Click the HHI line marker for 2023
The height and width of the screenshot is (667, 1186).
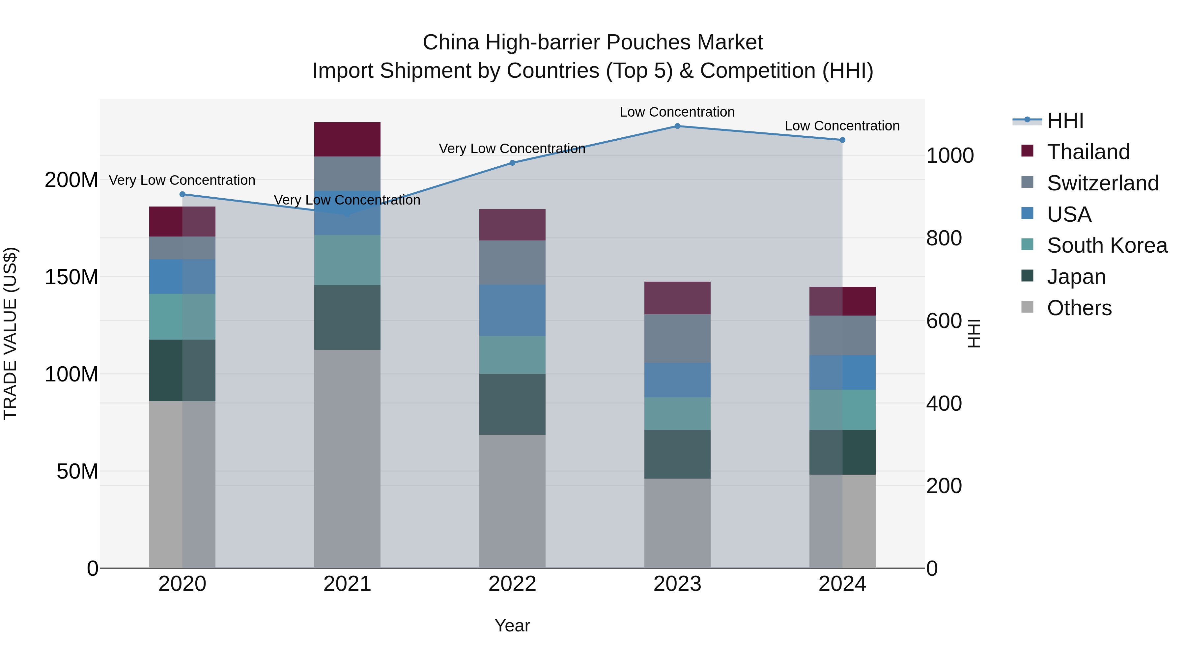(677, 126)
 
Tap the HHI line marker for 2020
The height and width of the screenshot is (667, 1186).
(182, 194)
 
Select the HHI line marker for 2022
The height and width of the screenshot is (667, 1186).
(512, 162)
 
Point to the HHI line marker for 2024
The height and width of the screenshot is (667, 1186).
(842, 140)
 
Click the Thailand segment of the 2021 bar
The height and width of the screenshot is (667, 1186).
(347, 139)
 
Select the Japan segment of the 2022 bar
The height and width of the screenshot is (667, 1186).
(512, 404)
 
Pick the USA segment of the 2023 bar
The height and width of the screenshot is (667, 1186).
(677, 380)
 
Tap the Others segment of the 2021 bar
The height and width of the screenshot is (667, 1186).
(347, 459)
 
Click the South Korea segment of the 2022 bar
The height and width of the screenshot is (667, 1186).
(512, 354)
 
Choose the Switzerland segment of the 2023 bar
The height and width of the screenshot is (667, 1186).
(677, 338)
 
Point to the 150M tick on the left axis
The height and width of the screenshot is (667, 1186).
(71, 277)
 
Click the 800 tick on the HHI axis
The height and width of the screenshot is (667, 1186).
(944, 238)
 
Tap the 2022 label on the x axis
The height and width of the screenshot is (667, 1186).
(512, 584)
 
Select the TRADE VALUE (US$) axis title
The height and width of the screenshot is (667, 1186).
(10, 333)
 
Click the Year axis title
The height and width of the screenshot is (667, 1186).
(512, 625)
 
